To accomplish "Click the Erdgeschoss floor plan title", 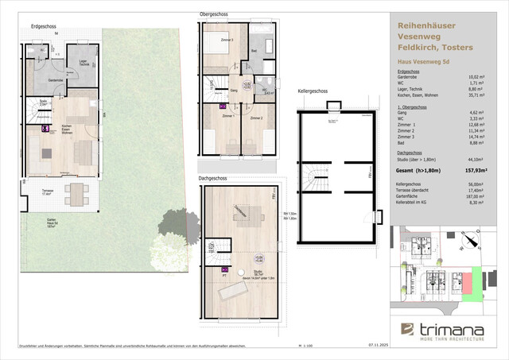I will (43, 26).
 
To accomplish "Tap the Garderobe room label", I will (55, 80).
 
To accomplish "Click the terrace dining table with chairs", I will (76, 192).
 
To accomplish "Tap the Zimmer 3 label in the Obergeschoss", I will (226, 40).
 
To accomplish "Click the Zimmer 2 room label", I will (257, 118).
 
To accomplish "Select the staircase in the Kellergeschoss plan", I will (318, 177).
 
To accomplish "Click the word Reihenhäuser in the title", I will (425, 25).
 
